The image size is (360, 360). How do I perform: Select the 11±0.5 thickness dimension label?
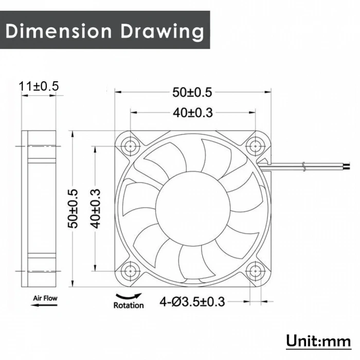pyautogui.click(x=39, y=86)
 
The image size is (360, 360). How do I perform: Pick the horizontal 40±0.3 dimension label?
pyautogui.click(x=192, y=113)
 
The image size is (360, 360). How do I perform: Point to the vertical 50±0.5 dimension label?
pyautogui.click(x=75, y=208)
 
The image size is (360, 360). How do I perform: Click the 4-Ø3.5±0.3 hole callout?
pyautogui.click(x=192, y=301)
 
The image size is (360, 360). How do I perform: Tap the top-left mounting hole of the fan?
pyautogui.click(x=130, y=146)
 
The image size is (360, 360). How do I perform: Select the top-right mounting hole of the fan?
pyautogui.click(x=255, y=146)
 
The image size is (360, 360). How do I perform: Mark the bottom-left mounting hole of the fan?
pyautogui.click(x=130, y=269)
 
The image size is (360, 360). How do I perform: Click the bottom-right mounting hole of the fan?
pyautogui.click(x=255, y=269)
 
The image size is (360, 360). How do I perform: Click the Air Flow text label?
pyautogui.click(x=45, y=298)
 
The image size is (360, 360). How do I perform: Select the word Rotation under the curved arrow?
pyautogui.click(x=129, y=305)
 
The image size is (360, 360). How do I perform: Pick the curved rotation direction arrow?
pyautogui.click(x=129, y=296)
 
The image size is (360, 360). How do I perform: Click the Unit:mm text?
pyautogui.click(x=318, y=340)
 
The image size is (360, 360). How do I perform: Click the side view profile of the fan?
pyautogui.click(x=39, y=208)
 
